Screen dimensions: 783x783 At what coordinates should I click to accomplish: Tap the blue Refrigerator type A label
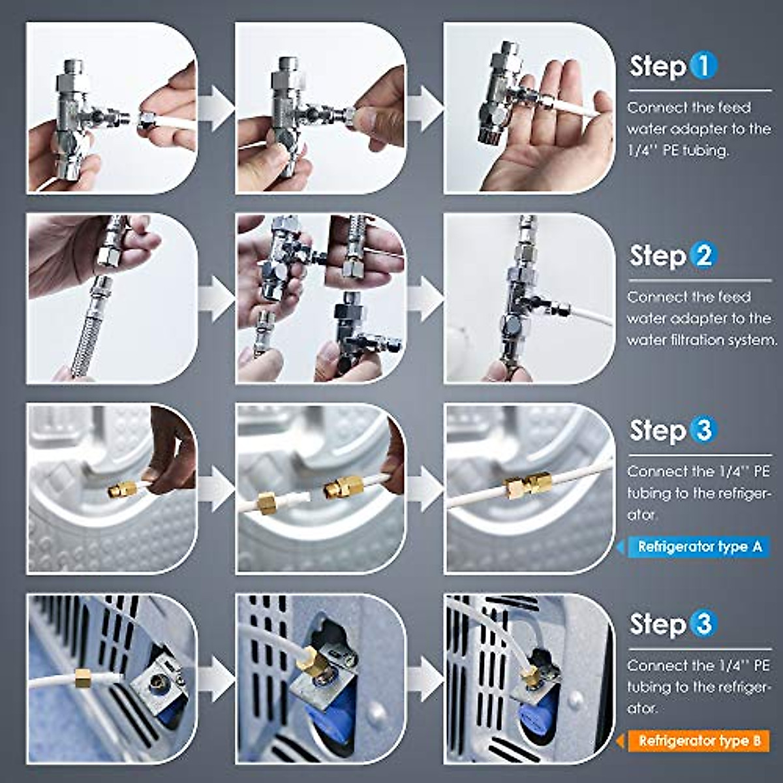click(699, 546)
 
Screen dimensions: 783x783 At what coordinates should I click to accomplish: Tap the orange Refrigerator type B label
click(699, 741)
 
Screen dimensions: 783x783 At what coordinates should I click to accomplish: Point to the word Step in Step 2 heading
click(657, 256)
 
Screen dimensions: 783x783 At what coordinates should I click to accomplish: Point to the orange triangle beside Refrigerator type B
click(622, 741)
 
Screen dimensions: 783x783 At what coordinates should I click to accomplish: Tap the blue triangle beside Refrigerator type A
click(622, 546)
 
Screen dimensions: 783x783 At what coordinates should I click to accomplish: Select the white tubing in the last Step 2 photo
click(587, 316)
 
